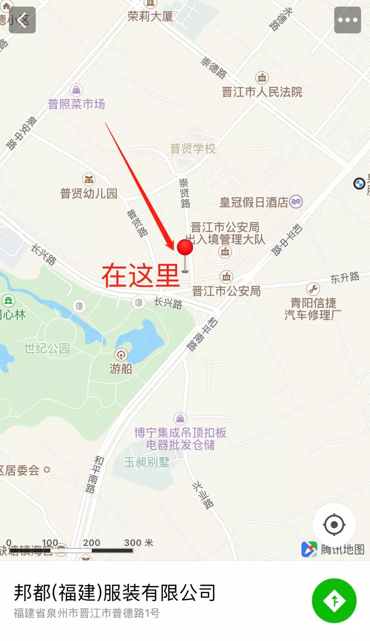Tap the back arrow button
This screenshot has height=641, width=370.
click(x=22, y=20)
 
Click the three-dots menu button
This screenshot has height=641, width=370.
click(x=347, y=20)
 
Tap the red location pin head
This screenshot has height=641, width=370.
click(x=185, y=247)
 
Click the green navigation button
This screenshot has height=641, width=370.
click(x=334, y=600)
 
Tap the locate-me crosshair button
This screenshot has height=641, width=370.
click(x=334, y=524)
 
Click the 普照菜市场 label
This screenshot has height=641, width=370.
click(x=76, y=104)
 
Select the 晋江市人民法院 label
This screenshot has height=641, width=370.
click(x=262, y=92)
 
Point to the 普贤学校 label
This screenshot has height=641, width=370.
click(x=193, y=149)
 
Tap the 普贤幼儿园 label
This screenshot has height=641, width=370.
click(x=89, y=193)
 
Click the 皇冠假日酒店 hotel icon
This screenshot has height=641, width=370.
click(x=296, y=201)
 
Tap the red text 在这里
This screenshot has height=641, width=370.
click(x=140, y=275)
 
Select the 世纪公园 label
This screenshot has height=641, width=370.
click(x=47, y=348)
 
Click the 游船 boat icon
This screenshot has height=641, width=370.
click(x=121, y=355)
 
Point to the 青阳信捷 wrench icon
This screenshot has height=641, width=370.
click(x=313, y=289)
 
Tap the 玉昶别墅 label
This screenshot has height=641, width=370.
click(x=147, y=462)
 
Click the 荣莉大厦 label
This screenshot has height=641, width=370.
click(x=150, y=16)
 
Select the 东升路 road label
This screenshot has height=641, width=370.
click(x=345, y=277)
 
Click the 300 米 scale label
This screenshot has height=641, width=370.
click(x=138, y=543)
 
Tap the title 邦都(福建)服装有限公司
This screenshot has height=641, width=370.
click(x=114, y=593)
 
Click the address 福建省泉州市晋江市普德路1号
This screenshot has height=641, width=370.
click(x=87, y=613)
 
